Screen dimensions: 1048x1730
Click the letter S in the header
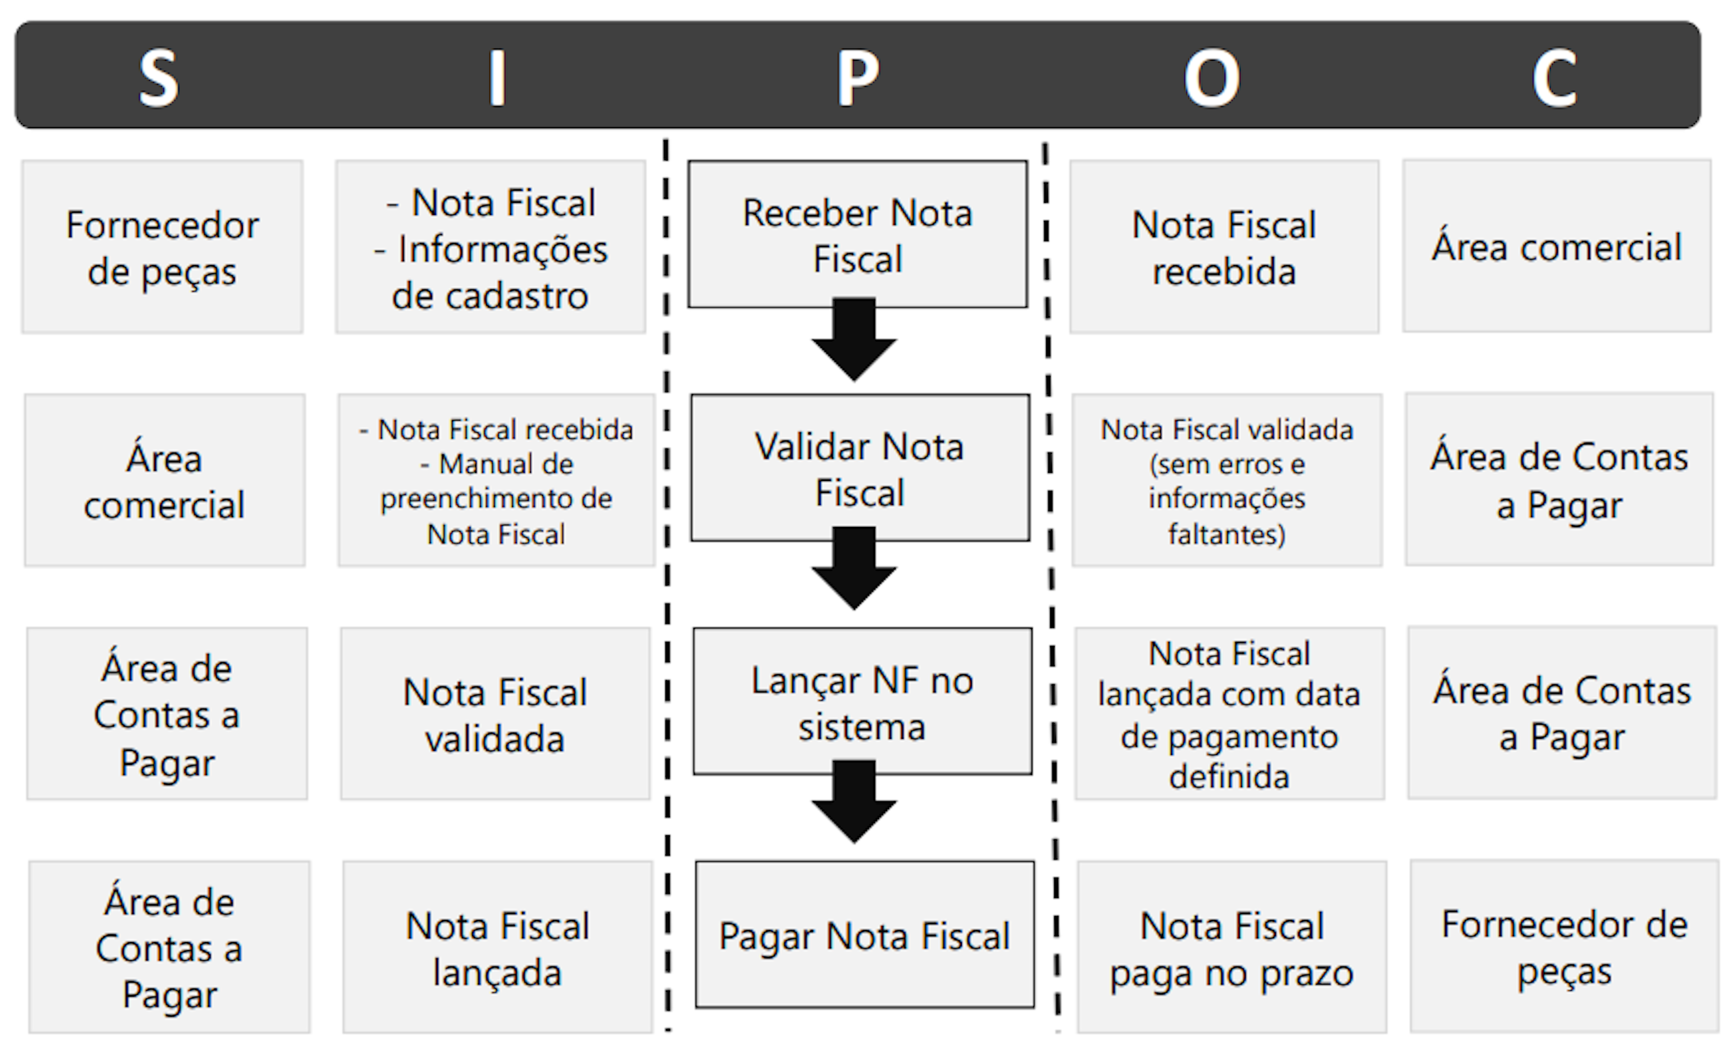159,77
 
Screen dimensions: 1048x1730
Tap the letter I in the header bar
497,77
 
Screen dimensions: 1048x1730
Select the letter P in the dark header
857,77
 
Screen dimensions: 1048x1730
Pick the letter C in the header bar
1554,77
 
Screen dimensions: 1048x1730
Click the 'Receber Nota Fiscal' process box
857,234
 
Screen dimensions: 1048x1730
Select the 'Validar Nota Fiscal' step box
860,468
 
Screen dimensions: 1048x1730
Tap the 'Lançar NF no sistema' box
862,701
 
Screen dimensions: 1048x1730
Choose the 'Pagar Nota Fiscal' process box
864,935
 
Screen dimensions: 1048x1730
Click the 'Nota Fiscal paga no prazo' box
1232,947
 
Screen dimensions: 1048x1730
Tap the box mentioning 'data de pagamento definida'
1229,714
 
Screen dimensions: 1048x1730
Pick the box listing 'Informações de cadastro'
490,247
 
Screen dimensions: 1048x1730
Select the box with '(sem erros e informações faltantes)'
1227,481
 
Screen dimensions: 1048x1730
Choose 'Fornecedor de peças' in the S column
162,247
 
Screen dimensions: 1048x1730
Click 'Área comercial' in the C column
1557,246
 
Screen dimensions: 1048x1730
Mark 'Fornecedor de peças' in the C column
1564,946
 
